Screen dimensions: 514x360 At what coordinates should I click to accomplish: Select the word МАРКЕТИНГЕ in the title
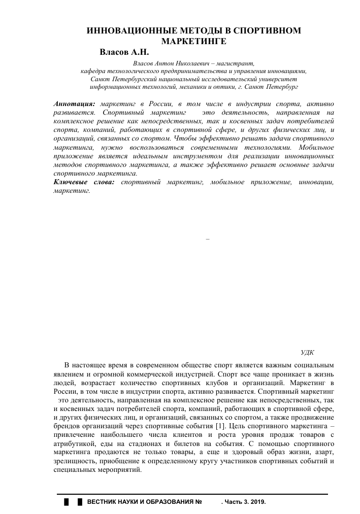(x=193, y=41)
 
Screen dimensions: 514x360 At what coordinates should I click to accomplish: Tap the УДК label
(x=308, y=351)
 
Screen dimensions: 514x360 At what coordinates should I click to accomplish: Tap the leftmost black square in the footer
(x=66, y=502)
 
